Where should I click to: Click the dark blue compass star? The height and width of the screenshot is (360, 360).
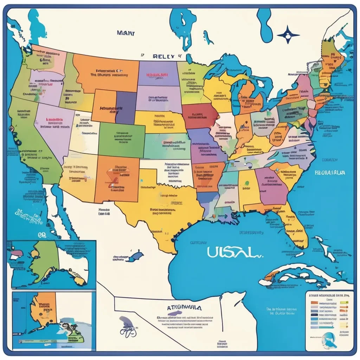tap(288, 35)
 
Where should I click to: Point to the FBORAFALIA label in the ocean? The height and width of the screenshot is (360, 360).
tap(330, 173)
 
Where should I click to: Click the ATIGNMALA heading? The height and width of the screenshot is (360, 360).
tap(185, 307)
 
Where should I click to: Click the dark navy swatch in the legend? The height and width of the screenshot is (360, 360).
tap(314, 316)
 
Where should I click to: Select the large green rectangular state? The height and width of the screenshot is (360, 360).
tap(121, 139)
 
